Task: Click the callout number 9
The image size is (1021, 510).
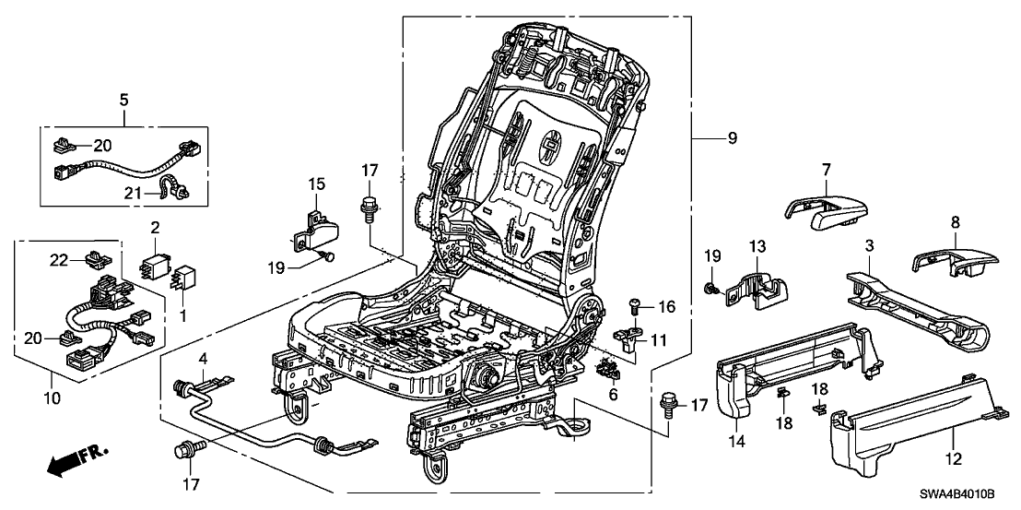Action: [733, 139]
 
